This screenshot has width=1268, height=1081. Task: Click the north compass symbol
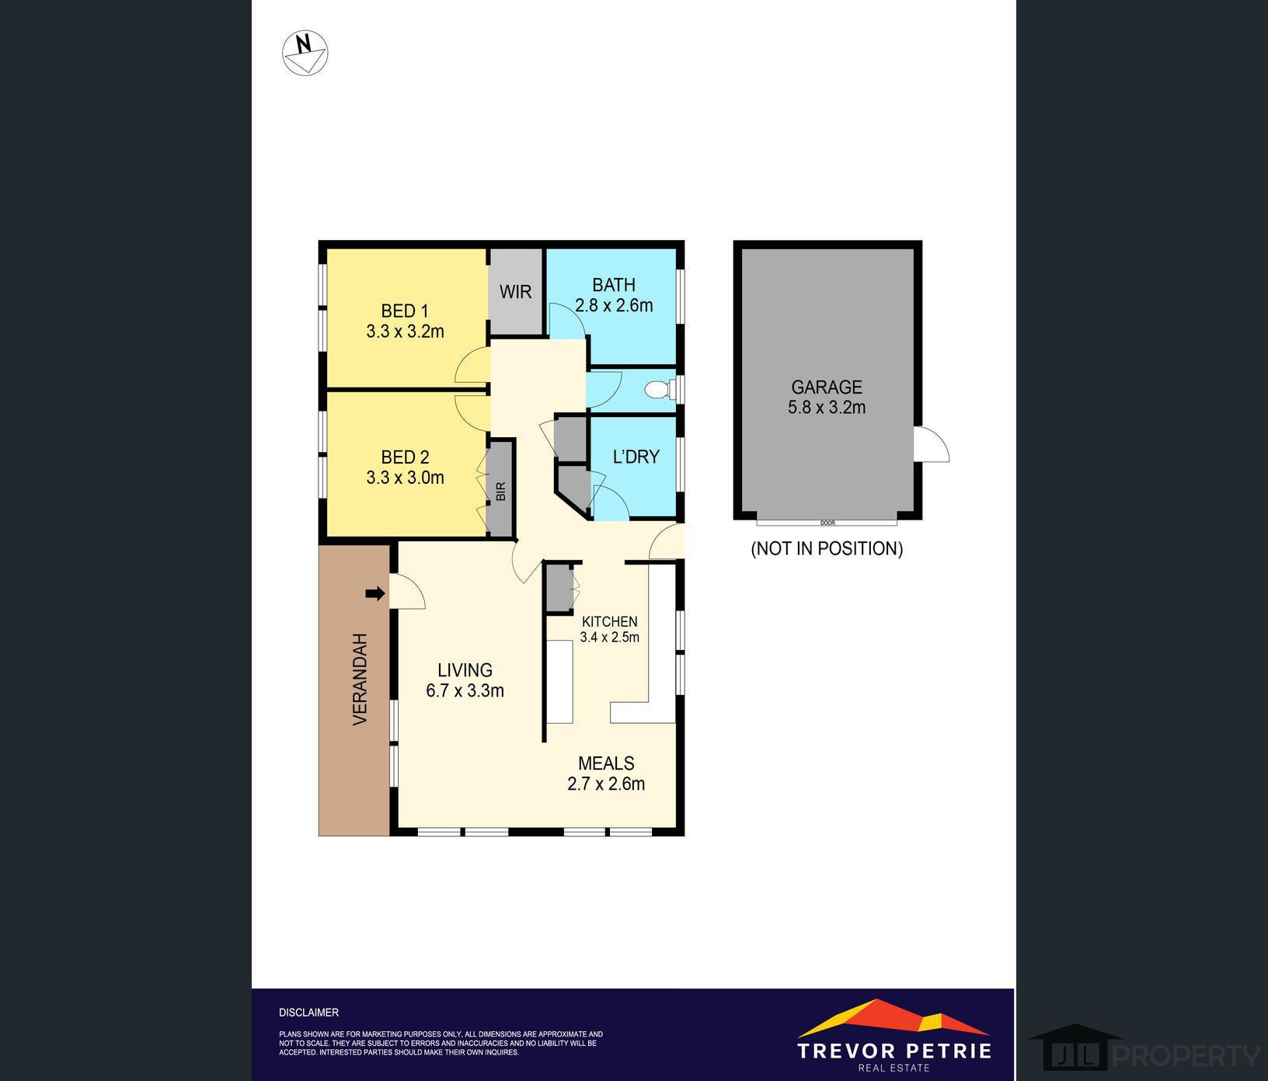click(x=305, y=53)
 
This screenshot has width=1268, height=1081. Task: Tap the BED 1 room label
click(x=405, y=311)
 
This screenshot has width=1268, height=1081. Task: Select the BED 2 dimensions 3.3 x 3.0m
click(x=405, y=478)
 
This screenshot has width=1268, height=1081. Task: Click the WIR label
click(x=515, y=292)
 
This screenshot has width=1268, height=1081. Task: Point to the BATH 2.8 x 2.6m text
click(x=613, y=295)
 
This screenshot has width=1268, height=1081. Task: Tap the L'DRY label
click(x=636, y=457)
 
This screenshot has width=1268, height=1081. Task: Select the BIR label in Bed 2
click(x=500, y=491)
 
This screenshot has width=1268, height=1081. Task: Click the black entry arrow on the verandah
click(x=375, y=594)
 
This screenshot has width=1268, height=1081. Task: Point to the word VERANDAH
click(x=360, y=680)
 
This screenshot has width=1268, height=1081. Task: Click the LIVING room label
click(x=465, y=670)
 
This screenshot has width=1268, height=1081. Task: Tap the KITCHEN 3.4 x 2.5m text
click(x=609, y=629)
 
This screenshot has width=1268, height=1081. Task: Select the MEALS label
click(x=606, y=763)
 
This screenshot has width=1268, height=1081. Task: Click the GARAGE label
click(x=827, y=387)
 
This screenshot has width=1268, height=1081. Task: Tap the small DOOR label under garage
click(x=827, y=523)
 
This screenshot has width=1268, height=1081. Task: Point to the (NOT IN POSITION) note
click(x=827, y=548)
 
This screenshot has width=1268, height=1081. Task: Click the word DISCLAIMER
click(x=308, y=1013)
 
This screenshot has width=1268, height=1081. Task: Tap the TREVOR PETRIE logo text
click(x=894, y=1051)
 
